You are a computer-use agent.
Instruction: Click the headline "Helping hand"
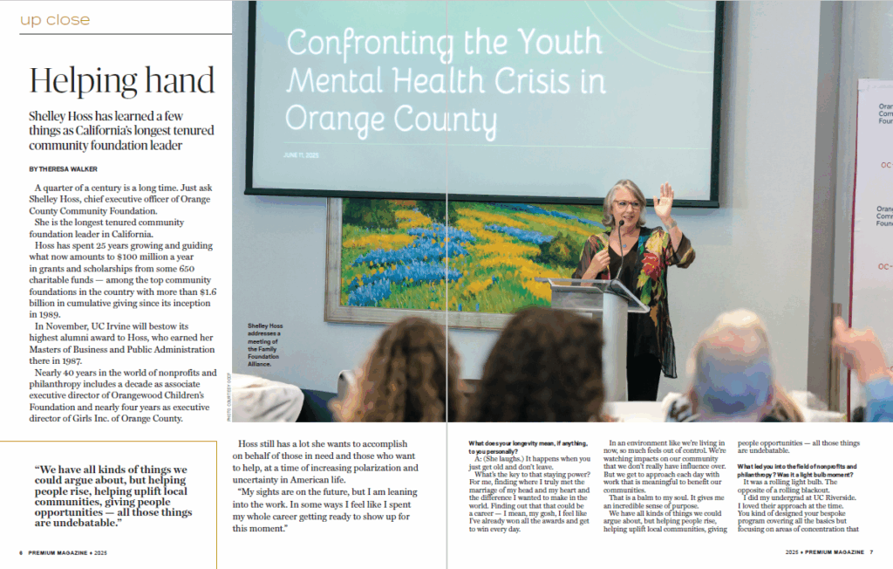tap(121, 80)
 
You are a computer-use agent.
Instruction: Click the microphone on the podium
tap(620, 230)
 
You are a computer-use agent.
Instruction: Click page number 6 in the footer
tap(21, 552)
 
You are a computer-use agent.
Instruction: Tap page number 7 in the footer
tap(871, 552)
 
